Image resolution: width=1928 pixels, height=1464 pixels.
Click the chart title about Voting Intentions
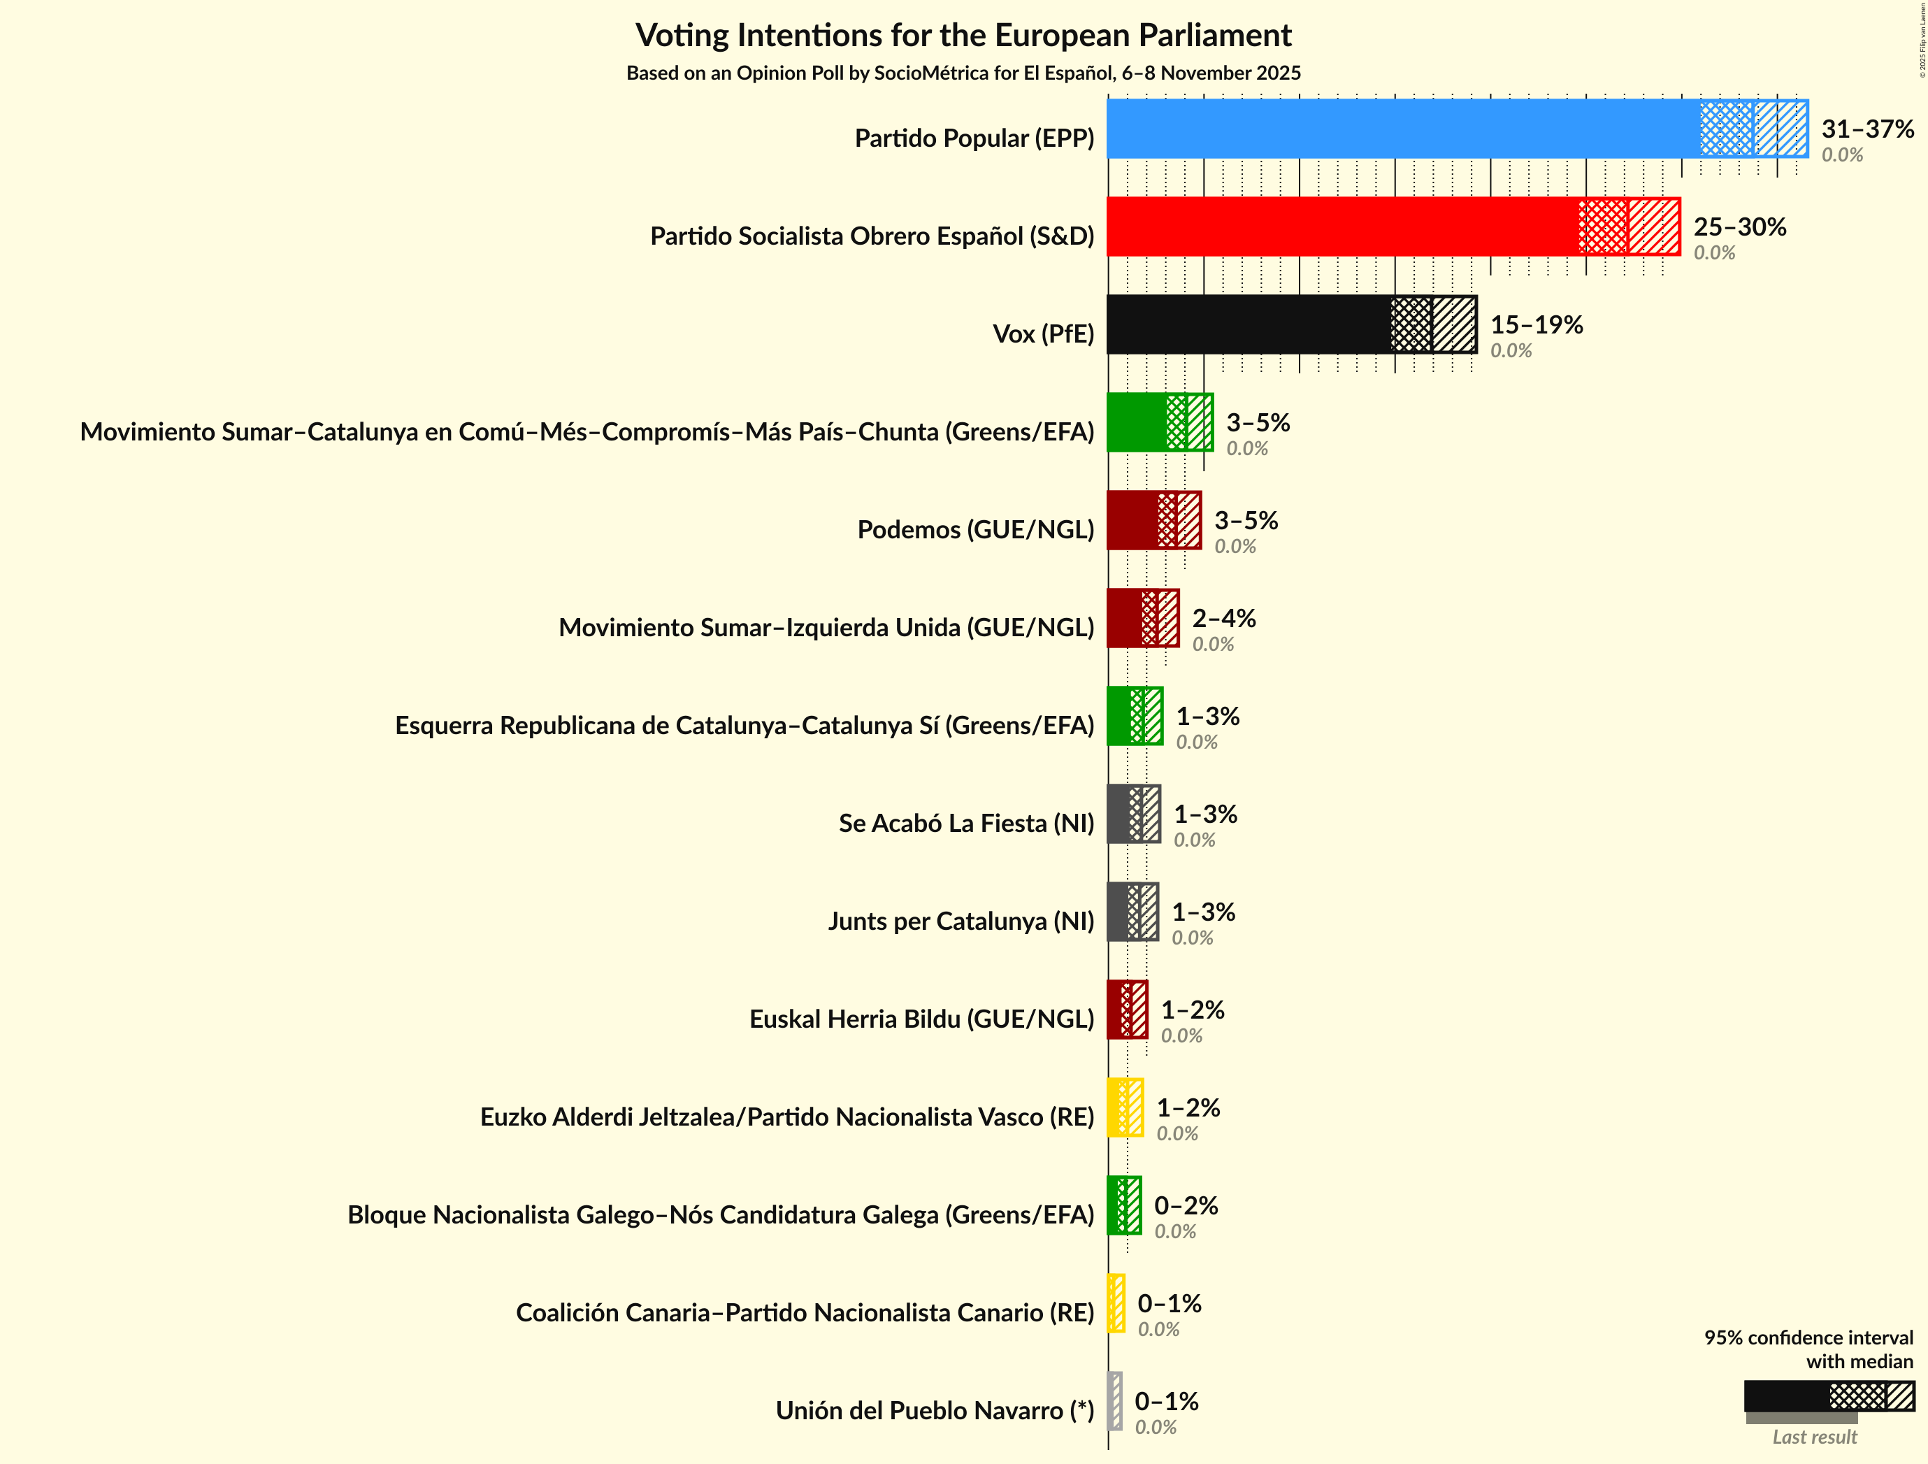click(x=963, y=36)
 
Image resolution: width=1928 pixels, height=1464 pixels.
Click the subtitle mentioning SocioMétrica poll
click(x=963, y=73)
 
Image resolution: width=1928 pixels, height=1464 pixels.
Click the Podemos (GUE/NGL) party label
click(x=975, y=529)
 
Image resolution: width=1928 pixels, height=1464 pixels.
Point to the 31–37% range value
click(x=1867, y=129)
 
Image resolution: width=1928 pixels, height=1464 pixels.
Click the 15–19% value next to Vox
click(x=1536, y=324)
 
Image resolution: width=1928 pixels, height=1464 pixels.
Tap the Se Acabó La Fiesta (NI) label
click(x=965, y=823)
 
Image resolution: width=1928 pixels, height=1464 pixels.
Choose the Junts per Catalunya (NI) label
click(x=961, y=921)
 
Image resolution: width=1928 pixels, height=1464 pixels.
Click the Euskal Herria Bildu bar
click(x=1126, y=1010)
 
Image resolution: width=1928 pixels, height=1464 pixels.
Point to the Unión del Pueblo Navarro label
click(x=935, y=1411)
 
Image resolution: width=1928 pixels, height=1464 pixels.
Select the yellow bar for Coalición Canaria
click(x=1116, y=1304)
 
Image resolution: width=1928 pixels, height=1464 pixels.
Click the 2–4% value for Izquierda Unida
click(x=1224, y=618)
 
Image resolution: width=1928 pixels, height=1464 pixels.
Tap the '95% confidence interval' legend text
click(x=1808, y=1337)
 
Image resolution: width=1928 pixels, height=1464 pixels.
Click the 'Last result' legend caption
click(x=1815, y=1437)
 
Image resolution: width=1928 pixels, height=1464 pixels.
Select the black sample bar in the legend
click(x=1787, y=1396)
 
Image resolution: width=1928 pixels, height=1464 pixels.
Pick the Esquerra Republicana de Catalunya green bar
click(x=1133, y=716)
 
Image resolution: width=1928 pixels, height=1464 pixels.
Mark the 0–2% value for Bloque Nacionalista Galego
click(x=1186, y=1206)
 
